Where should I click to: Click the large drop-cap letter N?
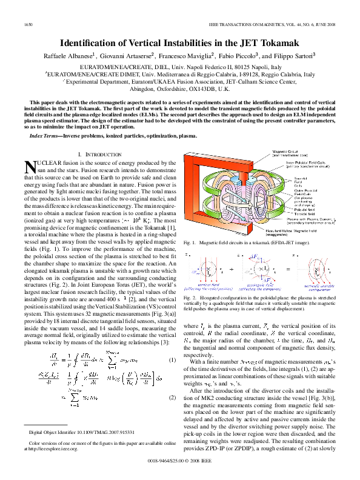30,168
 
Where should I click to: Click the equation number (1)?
172,360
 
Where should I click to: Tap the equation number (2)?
172,398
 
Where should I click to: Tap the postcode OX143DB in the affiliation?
204,88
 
